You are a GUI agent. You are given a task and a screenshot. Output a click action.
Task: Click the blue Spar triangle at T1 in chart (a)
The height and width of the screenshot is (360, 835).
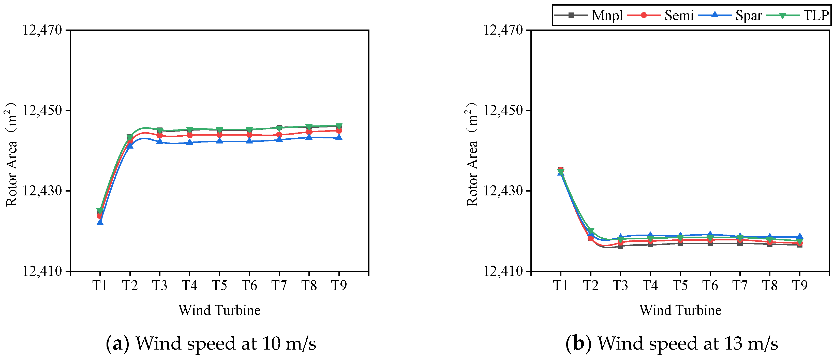[100, 222]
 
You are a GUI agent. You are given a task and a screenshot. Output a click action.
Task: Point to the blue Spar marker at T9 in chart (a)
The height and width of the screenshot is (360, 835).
[339, 138]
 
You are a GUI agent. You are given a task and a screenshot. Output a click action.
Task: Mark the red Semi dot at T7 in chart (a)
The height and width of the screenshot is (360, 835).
[279, 135]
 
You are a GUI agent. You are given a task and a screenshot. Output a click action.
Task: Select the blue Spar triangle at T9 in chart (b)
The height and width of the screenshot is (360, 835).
[800, 236]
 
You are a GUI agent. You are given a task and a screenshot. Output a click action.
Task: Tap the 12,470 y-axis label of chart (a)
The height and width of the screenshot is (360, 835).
[42, 30]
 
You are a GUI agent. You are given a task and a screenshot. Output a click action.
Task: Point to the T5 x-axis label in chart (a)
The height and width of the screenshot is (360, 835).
[219, 286]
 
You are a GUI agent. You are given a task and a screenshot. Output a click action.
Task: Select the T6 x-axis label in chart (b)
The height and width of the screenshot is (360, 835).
[710, 286]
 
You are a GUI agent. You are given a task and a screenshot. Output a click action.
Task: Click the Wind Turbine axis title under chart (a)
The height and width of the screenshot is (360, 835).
[219, 310]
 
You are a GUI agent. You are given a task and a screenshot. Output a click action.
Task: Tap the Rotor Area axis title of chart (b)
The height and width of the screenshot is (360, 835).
[472, 154]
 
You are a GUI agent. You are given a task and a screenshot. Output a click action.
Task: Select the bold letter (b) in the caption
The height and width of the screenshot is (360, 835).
[579, 343]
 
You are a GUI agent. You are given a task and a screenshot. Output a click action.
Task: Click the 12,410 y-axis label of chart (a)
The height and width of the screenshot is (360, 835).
[42, 271]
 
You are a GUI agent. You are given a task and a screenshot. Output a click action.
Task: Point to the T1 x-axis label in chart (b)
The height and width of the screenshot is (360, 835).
[560, 286]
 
